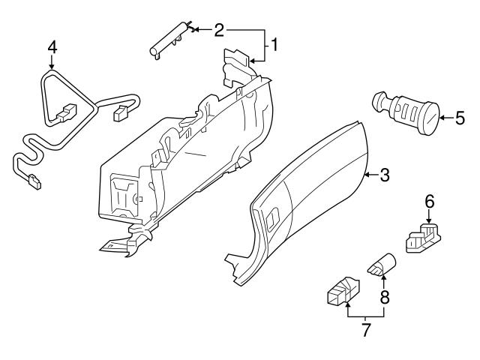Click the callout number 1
pos(274,44)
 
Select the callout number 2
pos(219,30)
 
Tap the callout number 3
pos(384,175)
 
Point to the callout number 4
pos(52,46)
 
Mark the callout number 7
pos(365,330)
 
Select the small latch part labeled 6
pos(423,238)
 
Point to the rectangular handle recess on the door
pos(271,220)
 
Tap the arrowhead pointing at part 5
pos(440,116)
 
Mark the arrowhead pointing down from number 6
pos(430,221)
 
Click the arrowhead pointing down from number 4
pos(52,67)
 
